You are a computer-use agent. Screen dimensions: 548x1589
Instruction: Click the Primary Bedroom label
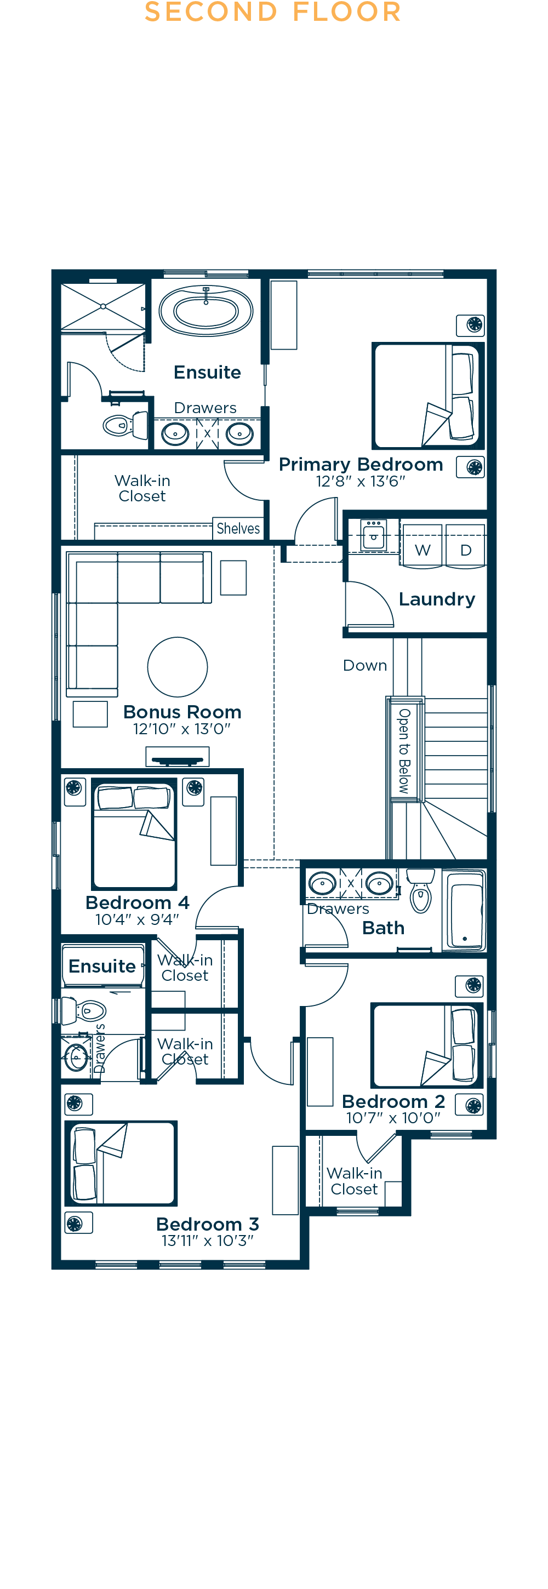(x=361, y=465)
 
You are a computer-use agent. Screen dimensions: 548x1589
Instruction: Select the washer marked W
(x=422, y=545)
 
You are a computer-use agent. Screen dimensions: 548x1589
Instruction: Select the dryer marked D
(x=466, y=545)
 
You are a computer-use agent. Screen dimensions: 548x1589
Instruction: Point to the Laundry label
(x=437, y=599)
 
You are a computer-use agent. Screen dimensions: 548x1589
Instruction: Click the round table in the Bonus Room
(x=178, y=667)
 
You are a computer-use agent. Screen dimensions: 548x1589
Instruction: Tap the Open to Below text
(x=404, y=751)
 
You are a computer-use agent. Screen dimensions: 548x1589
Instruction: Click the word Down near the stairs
(x=365, y=666)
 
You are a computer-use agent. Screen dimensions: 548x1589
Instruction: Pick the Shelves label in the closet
(x=238, y=529)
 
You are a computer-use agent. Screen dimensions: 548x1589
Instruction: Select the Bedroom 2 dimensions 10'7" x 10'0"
(x=393, y=1118)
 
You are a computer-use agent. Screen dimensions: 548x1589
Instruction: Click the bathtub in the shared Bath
(x=464, y=911)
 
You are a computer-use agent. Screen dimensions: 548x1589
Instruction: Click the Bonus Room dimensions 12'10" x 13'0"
(x=182, y=729)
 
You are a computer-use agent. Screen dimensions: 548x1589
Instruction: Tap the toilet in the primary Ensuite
(x=125, y=425)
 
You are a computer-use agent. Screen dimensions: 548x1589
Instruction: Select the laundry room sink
(x=373, y=535)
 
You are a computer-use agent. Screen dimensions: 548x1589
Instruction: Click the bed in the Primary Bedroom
(x=427, y=396)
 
